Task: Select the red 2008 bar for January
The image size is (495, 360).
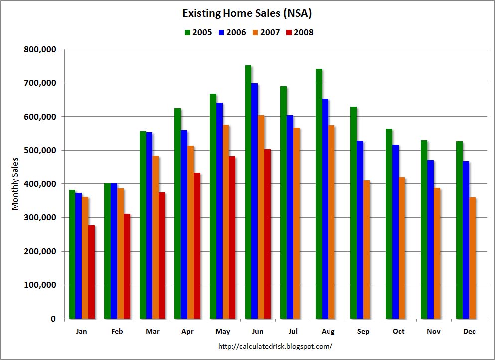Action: point(91,272)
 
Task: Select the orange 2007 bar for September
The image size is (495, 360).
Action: point(367,249)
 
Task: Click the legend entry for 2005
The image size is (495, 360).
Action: point(198,33)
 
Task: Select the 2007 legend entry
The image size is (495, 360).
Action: point(266,33)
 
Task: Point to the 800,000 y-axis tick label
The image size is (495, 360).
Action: point(40,49)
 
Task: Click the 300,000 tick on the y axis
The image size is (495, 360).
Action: point(40,218)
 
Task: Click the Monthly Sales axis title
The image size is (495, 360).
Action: point(15,183)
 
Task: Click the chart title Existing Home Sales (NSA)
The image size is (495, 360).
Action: point(247,13)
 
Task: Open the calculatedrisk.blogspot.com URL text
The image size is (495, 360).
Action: point(276,346)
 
